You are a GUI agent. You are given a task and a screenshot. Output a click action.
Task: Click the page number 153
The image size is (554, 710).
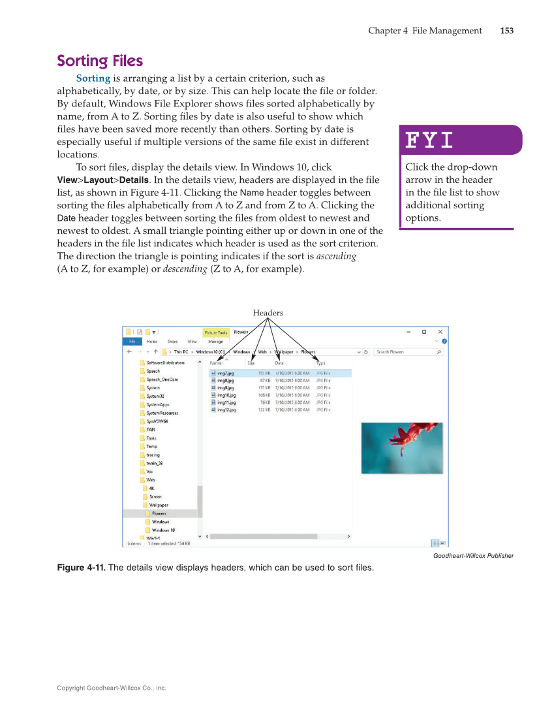[x=506, y=31]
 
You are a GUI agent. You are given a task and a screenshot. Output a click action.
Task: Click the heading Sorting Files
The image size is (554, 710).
[x=100, y=61]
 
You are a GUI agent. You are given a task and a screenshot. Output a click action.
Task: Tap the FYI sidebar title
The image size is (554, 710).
[x=429, y=140]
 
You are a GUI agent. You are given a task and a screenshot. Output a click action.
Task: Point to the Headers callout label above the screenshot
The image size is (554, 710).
[x=268, y=313]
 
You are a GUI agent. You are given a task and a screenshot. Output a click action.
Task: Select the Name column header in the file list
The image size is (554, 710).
[x=216, y=363]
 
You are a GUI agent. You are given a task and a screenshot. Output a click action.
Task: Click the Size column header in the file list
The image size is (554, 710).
[x=251, y=363]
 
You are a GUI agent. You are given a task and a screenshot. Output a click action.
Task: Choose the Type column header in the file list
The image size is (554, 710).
[x=321, y=363]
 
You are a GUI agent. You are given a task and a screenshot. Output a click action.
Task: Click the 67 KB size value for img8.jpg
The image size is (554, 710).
[x=265, y=380]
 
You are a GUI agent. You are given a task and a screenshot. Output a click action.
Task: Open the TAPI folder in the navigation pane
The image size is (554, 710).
[x=151, y=430]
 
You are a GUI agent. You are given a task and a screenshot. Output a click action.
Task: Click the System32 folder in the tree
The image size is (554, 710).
[x=155, y=396]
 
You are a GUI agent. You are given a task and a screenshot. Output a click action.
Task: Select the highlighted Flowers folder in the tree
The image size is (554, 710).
[x=159, y=513]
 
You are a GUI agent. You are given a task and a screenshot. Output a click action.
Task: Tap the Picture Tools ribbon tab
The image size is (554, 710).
[x=216, y=332]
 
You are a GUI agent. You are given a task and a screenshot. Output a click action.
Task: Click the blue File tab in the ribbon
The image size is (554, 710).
[x=132, y=342]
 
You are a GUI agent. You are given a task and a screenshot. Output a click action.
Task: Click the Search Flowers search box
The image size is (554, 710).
[x=408, y=352]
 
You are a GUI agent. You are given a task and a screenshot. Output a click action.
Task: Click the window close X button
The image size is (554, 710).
[x=440, y=332]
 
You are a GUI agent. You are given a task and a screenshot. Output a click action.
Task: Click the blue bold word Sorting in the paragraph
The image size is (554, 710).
[x=93, y=78]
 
